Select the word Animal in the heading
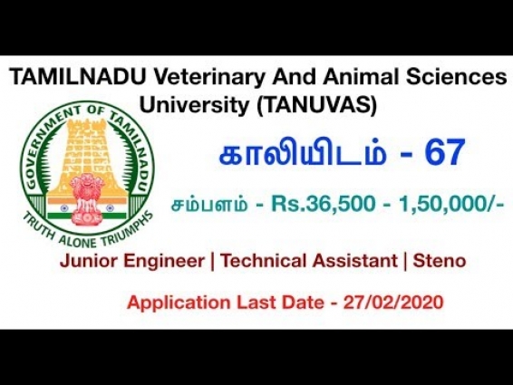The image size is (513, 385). coord(334,79)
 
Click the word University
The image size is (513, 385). coord(205,104)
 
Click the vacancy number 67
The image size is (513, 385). coord(441,154)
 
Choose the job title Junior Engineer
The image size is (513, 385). coord(129,262)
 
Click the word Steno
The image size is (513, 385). coord(439,262)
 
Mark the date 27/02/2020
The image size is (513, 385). coord(402,302)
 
